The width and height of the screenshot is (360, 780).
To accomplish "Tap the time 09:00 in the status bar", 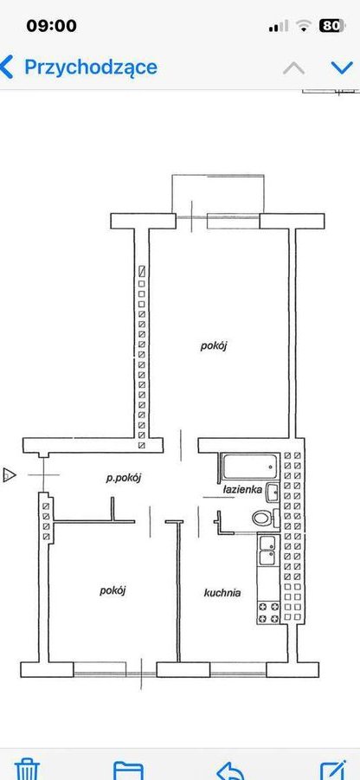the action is (x=52, y=25).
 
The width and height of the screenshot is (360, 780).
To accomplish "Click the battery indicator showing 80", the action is (x=331, y=25).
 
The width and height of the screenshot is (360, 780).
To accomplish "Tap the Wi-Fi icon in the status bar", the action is (x=303, y=26).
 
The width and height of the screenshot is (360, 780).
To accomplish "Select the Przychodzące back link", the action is (x=80, y=68).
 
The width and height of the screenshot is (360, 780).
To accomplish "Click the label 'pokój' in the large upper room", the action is (x=214, y=345).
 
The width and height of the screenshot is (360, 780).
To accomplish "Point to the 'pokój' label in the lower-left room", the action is (x=112, y=590).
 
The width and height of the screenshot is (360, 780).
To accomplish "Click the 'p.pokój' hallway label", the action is (x=124, y=479).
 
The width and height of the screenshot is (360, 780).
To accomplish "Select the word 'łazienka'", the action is (x=242, y=489).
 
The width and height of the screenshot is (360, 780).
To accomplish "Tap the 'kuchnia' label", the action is (x=222, y=592).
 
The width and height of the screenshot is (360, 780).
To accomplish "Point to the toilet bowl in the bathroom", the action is (x=264, y=518).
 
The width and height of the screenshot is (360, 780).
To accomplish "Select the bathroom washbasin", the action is (x=273, y=493).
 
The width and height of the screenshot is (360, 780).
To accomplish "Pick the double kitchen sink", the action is (x=268, y=551).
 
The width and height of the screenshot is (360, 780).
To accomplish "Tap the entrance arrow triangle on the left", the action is (x=10, y=474).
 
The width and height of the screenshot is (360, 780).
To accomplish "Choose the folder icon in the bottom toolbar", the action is (x=128, y=770).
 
